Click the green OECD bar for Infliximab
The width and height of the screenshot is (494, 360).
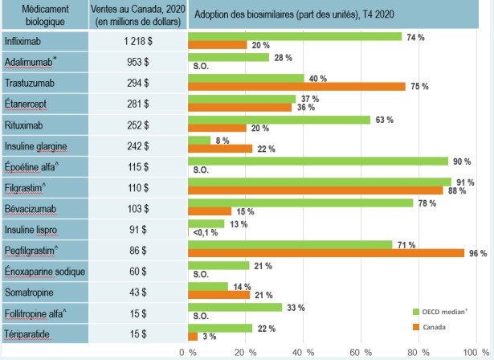294,36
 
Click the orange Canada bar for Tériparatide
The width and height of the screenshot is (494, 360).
192,336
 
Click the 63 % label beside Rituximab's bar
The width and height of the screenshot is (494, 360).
384,120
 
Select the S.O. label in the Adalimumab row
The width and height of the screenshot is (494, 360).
201,67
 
